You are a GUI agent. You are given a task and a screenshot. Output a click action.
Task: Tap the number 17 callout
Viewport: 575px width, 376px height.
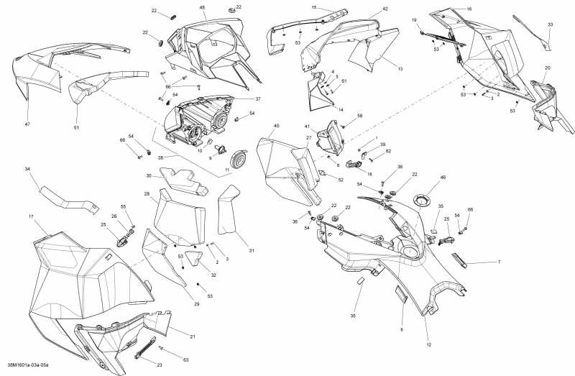click(31, 216)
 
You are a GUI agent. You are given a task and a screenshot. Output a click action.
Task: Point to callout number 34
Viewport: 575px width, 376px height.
click(27, 169)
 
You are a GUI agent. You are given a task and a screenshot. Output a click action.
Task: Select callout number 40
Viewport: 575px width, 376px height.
click(276, 126)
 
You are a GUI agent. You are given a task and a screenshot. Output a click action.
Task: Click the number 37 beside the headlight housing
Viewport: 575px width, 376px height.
click(258, 99)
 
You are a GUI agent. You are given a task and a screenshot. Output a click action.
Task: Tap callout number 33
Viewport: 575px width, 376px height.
click(550, 24)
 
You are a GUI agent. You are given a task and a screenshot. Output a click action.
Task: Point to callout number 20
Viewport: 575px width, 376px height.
click(548, 68)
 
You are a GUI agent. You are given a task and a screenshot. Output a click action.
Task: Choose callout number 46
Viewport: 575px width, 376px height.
click(443, 177)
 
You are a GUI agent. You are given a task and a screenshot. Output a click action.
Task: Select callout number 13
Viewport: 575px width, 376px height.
click(400, 68)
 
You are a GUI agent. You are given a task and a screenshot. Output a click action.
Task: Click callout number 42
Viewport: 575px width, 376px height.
click(385, 9)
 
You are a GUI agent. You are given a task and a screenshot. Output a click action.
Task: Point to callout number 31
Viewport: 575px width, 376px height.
click(252, 250)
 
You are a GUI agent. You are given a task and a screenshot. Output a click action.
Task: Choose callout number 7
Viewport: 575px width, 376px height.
click(499, 262)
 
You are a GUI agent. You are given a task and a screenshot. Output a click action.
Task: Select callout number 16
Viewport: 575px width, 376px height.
click(469, 9)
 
